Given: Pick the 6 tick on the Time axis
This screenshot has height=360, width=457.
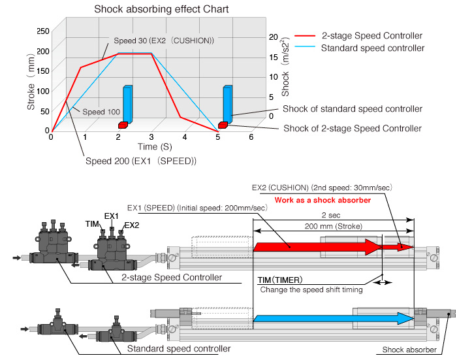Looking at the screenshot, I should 251,137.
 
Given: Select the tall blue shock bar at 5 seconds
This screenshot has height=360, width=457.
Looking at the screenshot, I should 227,104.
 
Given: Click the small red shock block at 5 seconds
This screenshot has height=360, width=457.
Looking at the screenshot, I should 223,125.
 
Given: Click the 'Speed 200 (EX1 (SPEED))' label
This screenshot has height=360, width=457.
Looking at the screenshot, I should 140,161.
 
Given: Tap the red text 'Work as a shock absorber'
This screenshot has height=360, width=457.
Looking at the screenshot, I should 322,199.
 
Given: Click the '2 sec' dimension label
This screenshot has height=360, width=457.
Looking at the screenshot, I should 333,214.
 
